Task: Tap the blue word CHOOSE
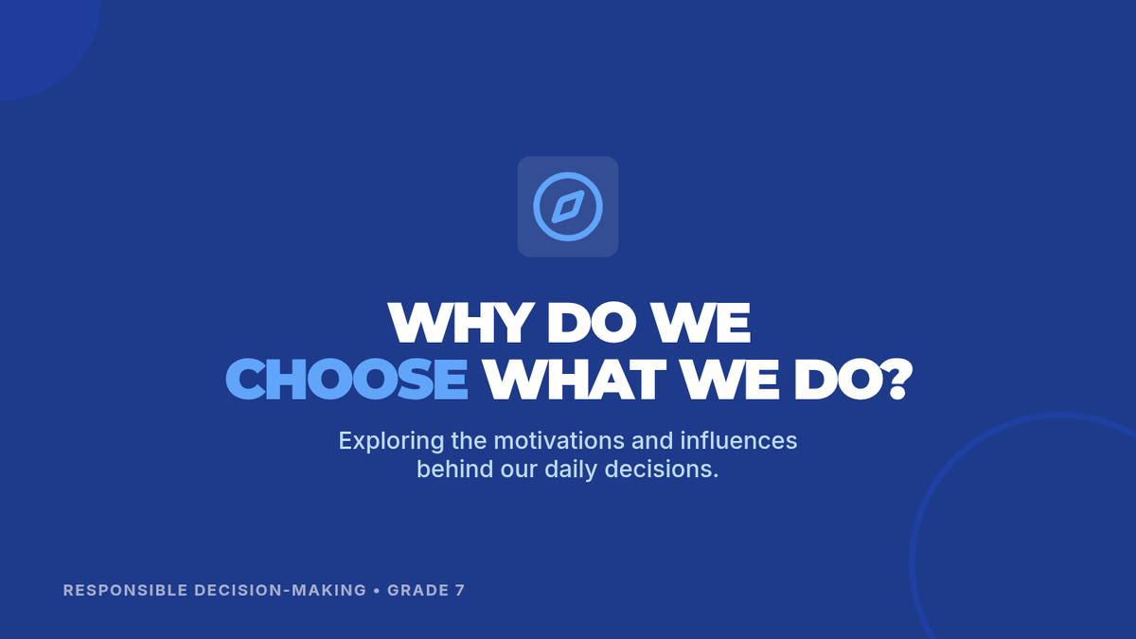point(346,379)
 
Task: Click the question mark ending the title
point(898,379)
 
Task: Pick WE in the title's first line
point(701,323)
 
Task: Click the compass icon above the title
point(568,206)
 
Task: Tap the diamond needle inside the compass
point(568,206)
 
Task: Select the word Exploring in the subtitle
point(392,441)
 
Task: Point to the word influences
point(738,440)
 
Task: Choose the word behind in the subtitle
point(455,469)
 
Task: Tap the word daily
point(571,470)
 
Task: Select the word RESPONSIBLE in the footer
point(126,591)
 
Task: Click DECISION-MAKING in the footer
point(280,591)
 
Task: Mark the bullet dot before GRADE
point(377,591)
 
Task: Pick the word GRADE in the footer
point(418,591)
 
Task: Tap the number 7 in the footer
point(460,591)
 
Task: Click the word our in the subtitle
point(519,470)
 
